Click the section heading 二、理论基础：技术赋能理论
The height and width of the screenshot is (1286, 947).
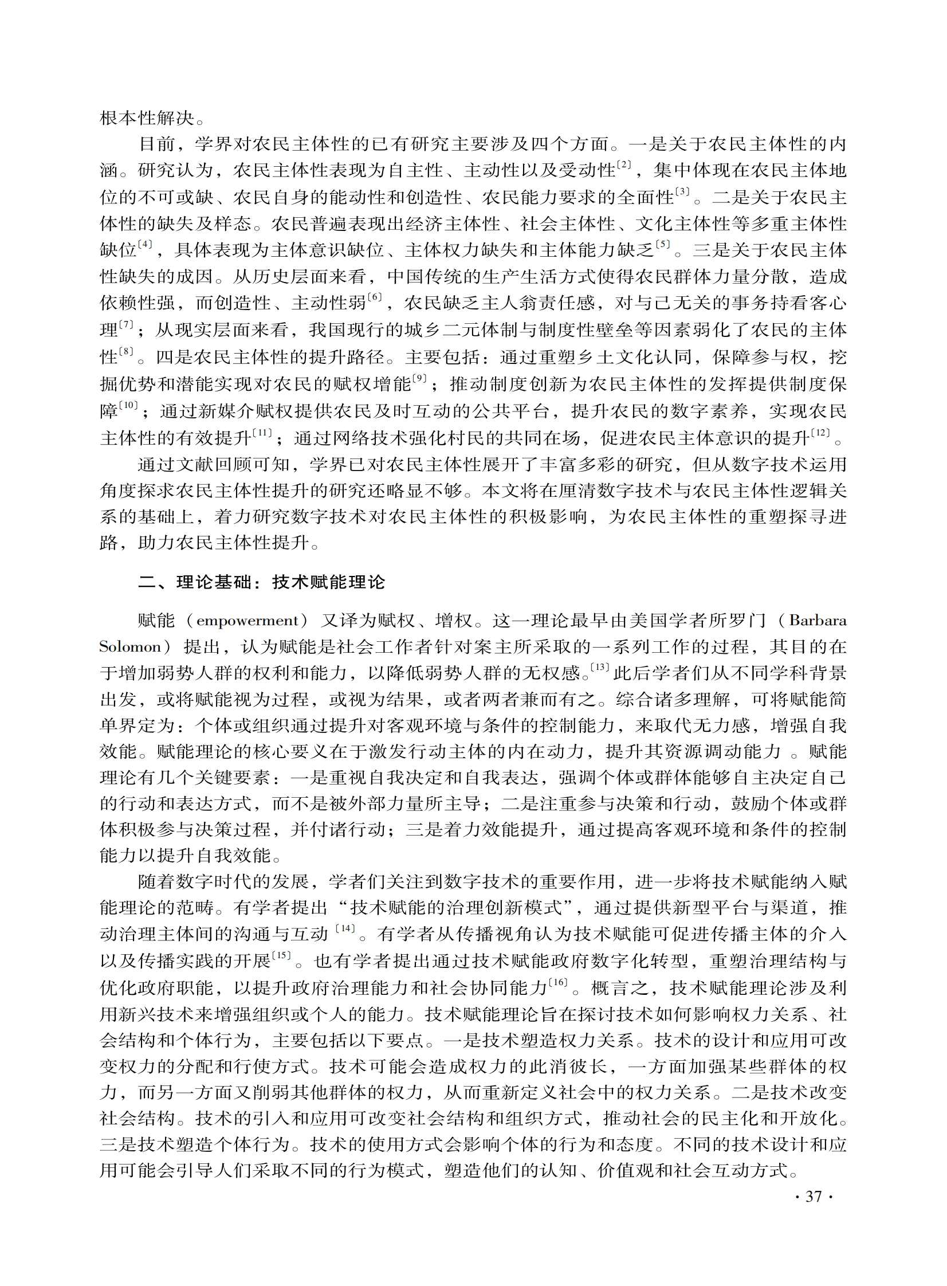(261, 582)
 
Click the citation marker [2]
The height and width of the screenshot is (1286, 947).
(624, 166)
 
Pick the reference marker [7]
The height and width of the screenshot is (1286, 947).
(126, 324)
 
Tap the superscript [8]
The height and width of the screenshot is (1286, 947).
(126, 351)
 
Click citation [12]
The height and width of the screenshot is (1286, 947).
(820, 431)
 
